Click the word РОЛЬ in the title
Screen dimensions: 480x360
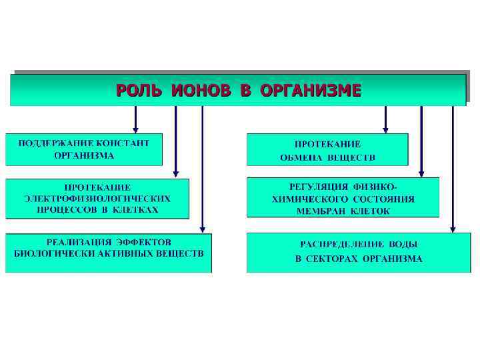[139, 90]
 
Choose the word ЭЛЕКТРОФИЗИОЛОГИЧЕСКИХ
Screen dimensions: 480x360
[97, 198]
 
